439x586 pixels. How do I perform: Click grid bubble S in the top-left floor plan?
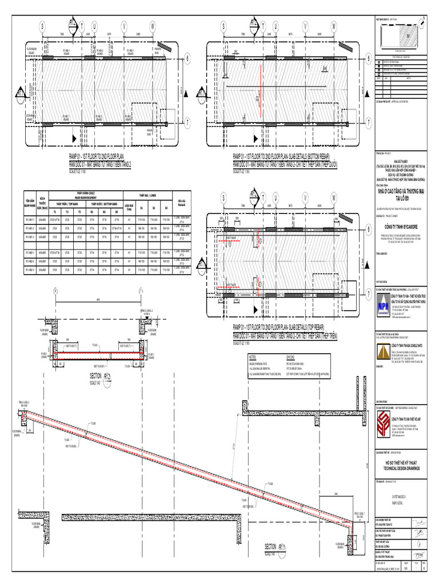pyautogui.click(x=41, y=26)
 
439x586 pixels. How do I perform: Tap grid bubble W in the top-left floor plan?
pyautogui.click(x=153, y=26)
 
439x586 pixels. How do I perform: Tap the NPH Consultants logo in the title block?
pyautogui.click(x=381, y=306)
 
